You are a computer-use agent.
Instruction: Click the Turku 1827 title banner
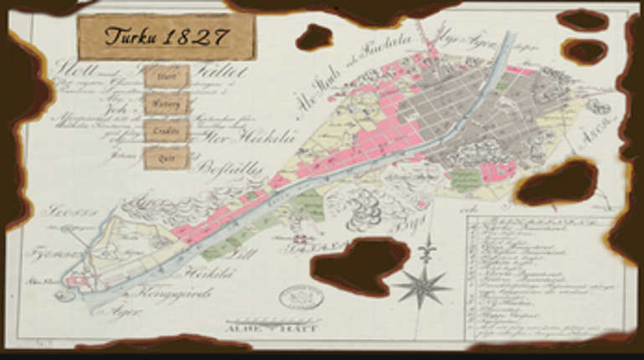[167, 37]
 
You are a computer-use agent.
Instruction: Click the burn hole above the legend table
[558, 184]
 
